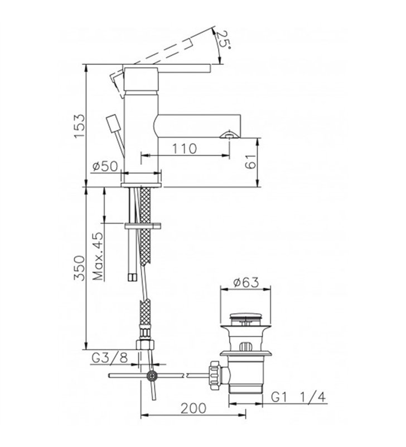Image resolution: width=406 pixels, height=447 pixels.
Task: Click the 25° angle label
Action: point(223,39)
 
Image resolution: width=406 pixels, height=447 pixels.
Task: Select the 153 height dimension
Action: point(79,126)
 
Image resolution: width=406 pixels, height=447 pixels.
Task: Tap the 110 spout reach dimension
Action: point(185,149)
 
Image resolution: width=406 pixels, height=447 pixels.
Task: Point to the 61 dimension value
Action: point(250,161)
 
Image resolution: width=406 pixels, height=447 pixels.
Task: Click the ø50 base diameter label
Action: point(105,166)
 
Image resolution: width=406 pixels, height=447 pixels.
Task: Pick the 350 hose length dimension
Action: point(79,268)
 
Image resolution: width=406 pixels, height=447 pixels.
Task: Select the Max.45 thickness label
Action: point(98,256)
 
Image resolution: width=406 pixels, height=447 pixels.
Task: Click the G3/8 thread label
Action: point(110,358)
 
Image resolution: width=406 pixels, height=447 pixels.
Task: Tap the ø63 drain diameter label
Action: point(246,282)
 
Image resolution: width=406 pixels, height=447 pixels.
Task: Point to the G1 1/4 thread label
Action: point(298,397)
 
